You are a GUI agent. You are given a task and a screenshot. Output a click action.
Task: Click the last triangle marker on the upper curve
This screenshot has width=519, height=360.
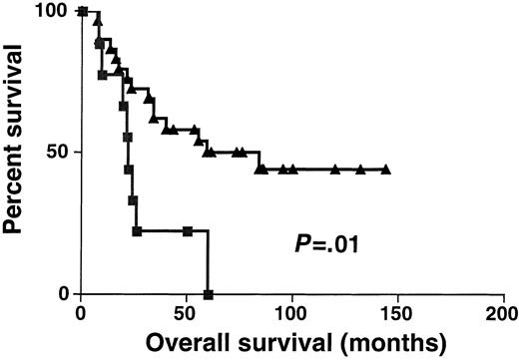coord(385,170)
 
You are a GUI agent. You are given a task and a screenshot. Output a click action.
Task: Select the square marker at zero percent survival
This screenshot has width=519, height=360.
coord(208,294)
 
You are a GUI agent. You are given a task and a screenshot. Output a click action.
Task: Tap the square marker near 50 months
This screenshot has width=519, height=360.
coord(188,231)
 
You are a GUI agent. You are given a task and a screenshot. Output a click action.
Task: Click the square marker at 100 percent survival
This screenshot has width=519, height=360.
coord(82,12)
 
